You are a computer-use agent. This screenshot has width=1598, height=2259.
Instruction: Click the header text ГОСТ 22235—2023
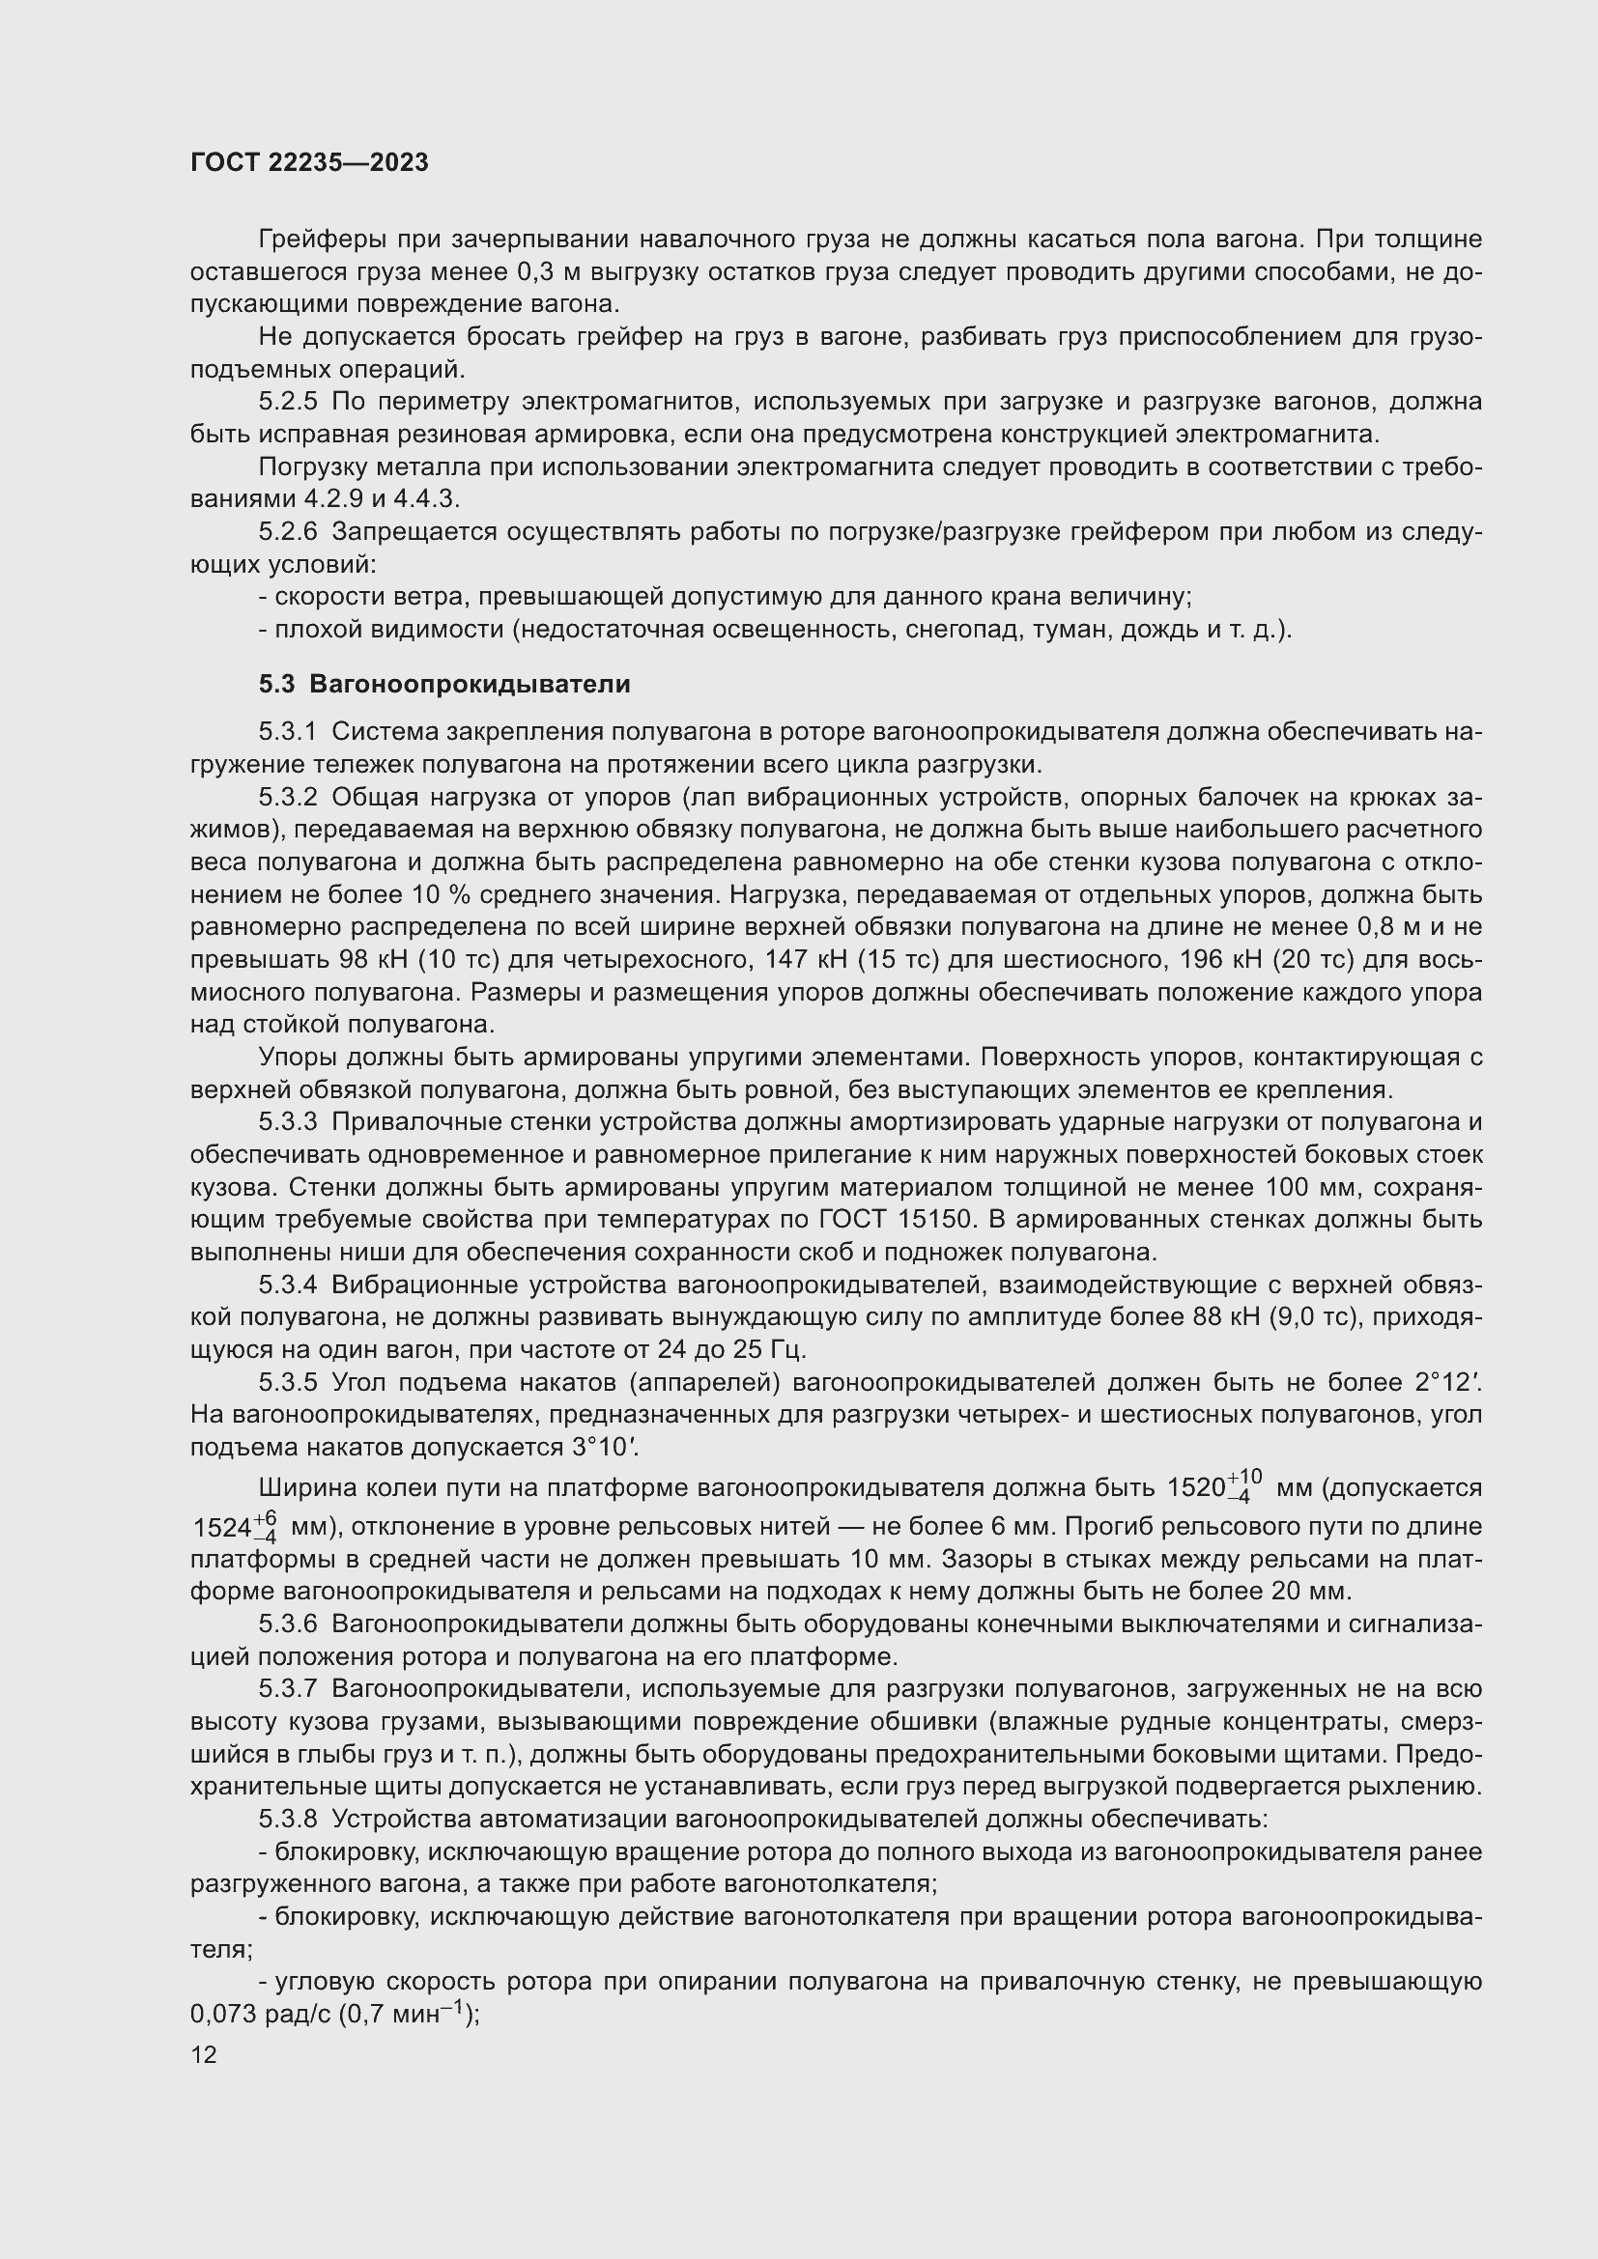309,162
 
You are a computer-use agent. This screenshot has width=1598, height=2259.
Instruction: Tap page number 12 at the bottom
204,2054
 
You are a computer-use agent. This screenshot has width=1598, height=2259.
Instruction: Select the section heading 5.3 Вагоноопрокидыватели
443,684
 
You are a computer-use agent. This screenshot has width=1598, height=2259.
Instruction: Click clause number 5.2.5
288,402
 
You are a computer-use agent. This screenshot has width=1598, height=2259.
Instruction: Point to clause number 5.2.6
288,532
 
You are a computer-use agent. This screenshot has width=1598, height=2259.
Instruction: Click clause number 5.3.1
288,732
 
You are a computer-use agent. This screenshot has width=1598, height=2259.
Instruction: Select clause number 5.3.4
288,1285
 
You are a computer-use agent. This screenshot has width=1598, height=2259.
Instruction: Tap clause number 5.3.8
288,1820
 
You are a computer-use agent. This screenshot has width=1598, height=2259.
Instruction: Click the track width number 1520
1195,1487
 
